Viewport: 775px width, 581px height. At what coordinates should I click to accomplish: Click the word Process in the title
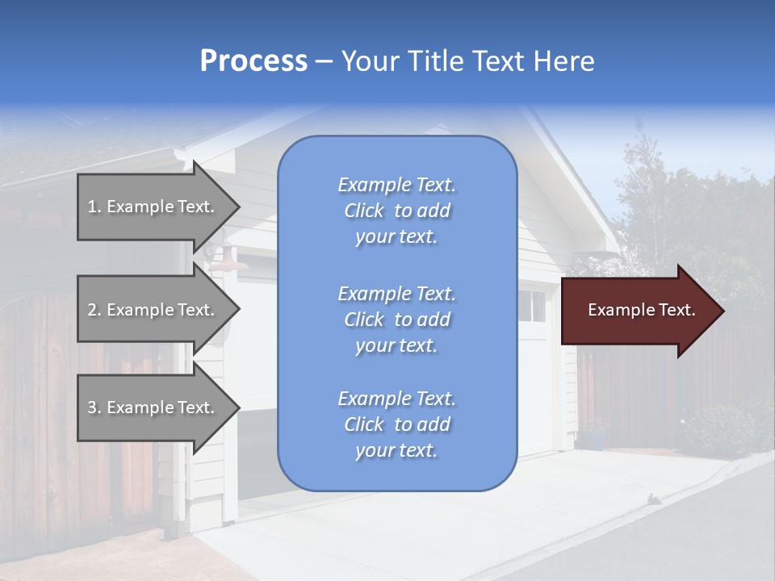[x=253, y=61]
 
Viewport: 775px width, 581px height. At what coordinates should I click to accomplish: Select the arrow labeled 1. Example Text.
[x=153, y=207]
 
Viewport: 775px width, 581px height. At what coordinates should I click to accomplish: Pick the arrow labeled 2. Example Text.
[x=153, y=310]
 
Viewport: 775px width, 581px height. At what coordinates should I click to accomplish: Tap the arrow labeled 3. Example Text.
[x=153, y=408]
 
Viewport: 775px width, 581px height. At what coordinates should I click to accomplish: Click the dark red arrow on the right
[x=638, y=311]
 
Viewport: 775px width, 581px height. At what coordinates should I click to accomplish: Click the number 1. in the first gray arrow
[x=94, y=207]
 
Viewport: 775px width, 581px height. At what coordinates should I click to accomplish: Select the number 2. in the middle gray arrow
[x=94, y=310]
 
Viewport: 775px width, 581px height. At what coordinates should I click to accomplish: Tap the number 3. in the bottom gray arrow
[x=94, y=408]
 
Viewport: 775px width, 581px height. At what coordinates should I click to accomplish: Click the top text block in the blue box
[x=396, y=211]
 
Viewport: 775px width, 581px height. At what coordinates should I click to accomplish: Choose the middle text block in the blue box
[x=396, y=320]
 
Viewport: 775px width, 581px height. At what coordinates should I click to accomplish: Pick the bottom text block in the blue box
[x=396, y=424]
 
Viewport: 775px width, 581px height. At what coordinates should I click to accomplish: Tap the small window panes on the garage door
[x=533, y=305]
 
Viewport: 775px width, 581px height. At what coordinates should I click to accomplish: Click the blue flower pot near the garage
[x=595, y=441]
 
